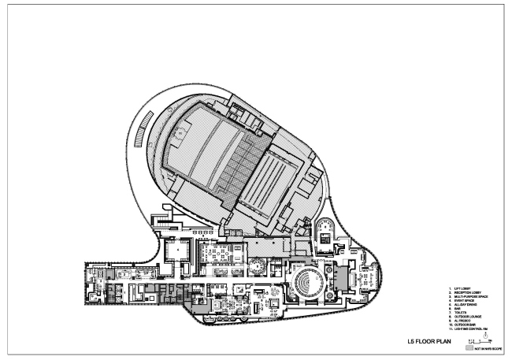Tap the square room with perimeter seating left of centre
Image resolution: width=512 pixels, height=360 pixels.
[176, 252]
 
